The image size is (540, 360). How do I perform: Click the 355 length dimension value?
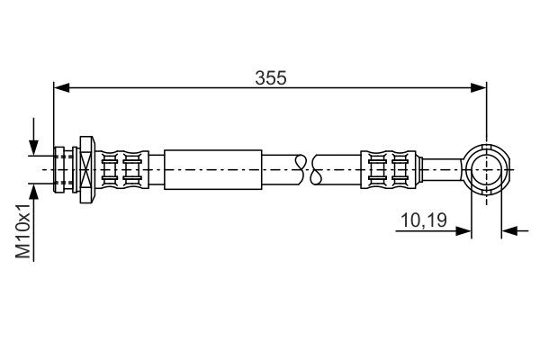tap(270, 78)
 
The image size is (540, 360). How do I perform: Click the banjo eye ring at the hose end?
tap(486, 168)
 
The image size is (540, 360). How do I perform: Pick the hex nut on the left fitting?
tap(87, 168)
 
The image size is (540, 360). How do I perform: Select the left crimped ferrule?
tap(122, 168)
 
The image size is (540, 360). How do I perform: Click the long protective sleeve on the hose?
tap(213, 168)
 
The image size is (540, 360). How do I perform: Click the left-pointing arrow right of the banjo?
tap(509, 230)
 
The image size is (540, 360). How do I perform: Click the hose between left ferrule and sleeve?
tap(156, 168)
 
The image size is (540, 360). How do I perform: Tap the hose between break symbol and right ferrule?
tap(342, 168)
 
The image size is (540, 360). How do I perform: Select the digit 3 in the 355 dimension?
tap(258, 78)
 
